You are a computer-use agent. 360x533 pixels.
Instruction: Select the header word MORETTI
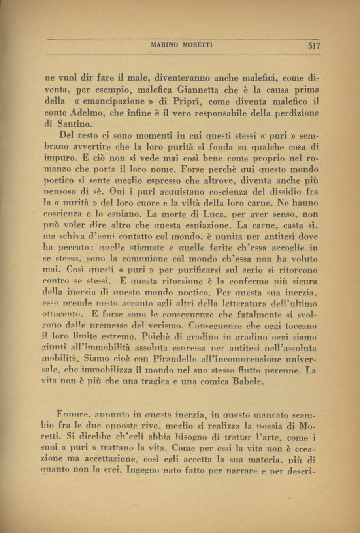click(198, 45)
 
